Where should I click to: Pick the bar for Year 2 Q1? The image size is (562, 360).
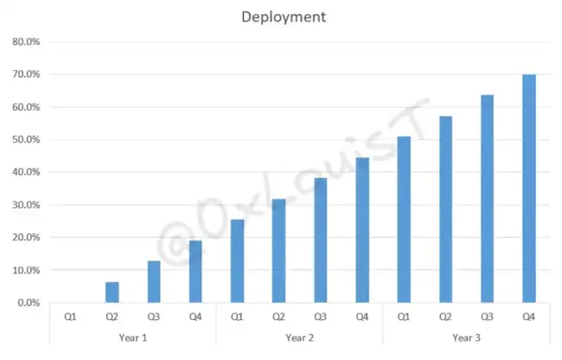pos(237,261)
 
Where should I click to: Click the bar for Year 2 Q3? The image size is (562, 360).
pos(320,241)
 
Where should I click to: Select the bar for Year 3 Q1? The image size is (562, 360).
pos(404,220)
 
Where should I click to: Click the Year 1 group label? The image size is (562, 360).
pos(132,337)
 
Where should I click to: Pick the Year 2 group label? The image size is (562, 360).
pos(299,337)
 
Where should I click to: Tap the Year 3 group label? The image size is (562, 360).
pos(466,337)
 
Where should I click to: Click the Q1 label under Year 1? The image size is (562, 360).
pos(70,318)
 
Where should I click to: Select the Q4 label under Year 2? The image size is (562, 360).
pos(361,318)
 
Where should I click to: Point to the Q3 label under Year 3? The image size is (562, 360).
pos(487,318)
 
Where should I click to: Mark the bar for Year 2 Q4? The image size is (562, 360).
pos(362,230)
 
